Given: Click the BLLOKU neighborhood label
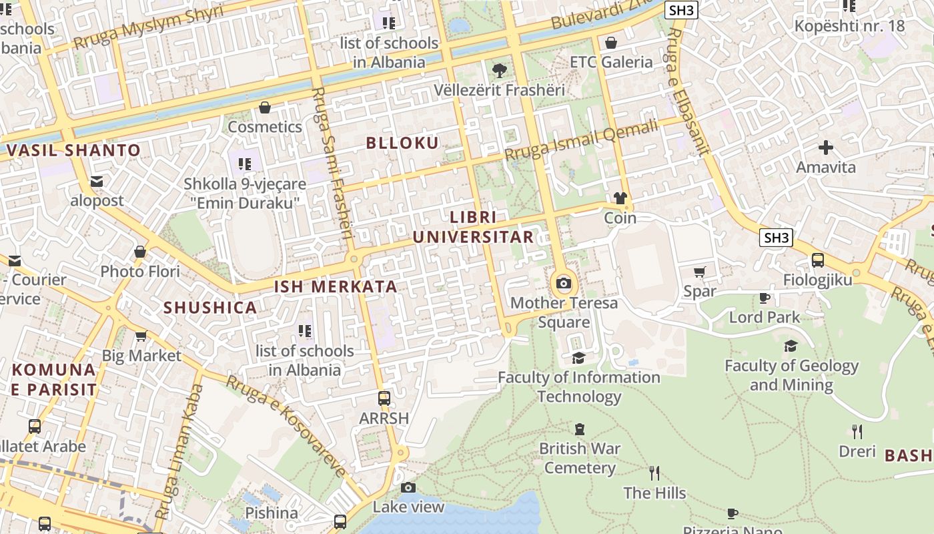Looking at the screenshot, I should pos(402,143).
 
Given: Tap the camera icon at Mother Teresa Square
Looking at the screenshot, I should pos(564,283).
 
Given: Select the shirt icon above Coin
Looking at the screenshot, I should pos(620,198).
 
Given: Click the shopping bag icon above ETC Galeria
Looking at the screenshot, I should pos(610,43).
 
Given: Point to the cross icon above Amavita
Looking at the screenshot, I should pos(826,147).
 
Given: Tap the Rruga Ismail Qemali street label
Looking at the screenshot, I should pos(581,140).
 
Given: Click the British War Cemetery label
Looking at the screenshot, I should pos(579,458).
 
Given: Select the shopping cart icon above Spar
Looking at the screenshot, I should pos(699,272).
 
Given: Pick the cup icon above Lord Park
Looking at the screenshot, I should pos(764,298).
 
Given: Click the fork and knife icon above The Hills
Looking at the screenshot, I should pos(654,473).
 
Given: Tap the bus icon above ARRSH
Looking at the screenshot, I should pos(384,398).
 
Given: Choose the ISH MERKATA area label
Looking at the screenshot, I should pos(336,287).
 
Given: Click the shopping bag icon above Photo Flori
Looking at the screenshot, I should pos(140,252).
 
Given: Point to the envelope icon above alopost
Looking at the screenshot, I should pos(97,181).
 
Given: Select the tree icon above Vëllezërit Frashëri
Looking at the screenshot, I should pos(498,70).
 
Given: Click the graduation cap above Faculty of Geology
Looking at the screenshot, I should pos(791,346).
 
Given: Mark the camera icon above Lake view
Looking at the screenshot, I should pos(408,487).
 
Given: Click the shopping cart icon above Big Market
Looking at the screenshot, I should pos(141,336).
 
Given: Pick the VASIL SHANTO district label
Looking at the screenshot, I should pos(73,150).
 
